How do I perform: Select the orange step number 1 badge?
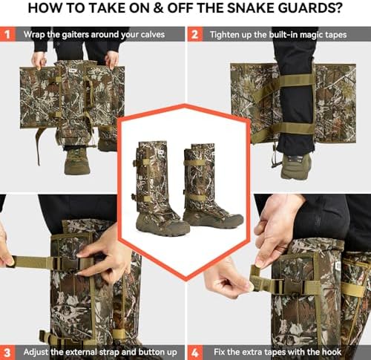(x=7, y=34)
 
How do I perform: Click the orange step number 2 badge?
(x=195, y=34)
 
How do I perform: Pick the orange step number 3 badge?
(x=7, y=353)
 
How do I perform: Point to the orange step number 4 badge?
(x=195, y=353)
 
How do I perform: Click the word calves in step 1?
(x=153, y=34)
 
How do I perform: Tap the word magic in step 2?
(x=310, y=35)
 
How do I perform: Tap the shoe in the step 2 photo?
(x=295, y=166)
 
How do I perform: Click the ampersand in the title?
(x=158, y=8)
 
